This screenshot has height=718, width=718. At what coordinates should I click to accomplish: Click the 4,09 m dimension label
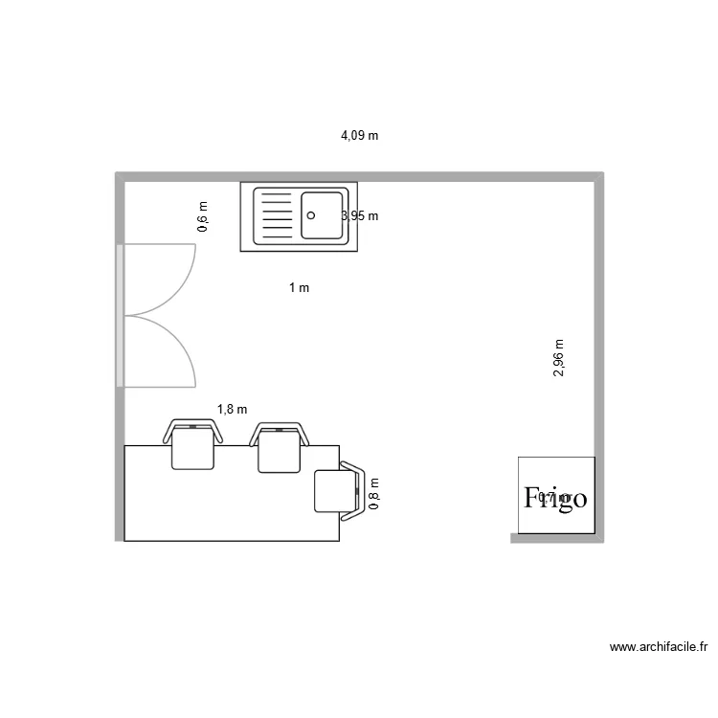point(359,136)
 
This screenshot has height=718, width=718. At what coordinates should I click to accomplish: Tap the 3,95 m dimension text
point(361,216)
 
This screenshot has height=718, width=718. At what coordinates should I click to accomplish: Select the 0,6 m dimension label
point(202,217)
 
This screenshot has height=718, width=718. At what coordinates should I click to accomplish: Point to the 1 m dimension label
point(299,287)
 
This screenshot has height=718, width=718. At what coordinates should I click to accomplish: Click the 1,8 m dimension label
point(232,410)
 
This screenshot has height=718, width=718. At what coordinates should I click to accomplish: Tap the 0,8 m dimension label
point(374,495)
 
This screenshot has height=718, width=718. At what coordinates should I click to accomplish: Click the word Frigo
point(555,498)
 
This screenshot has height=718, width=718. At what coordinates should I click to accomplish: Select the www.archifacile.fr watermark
point(658,648)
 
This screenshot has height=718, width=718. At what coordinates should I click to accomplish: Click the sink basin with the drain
point(322,215)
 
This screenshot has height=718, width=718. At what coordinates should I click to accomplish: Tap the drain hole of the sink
point(310,215)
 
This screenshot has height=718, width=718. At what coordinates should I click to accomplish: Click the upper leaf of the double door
point(159,280)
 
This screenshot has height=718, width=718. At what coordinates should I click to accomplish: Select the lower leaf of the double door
point(159,351)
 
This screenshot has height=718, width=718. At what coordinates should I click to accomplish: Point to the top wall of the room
point(359,177)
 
